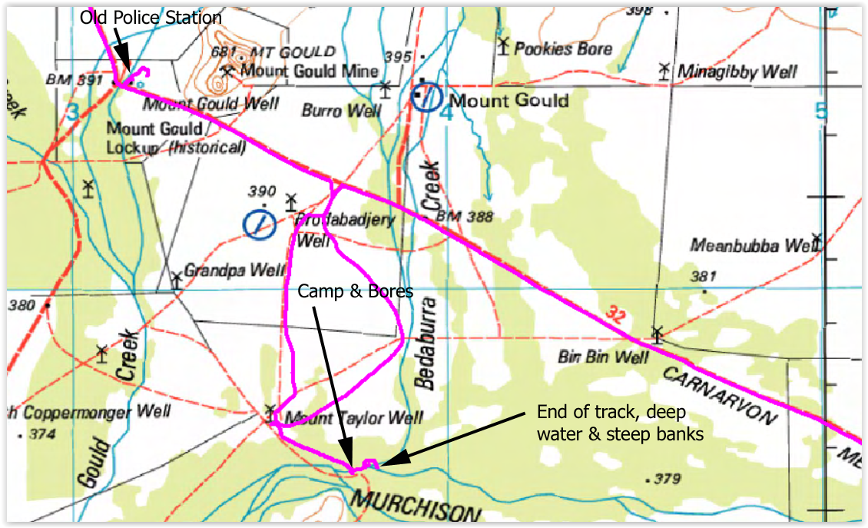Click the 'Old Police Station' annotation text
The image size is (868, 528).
(151, 17)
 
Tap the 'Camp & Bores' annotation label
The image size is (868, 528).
(356, 291)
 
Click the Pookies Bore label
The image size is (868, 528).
(563, 49)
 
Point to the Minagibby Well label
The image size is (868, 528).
(737, 72)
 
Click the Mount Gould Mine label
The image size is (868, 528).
(310, 71)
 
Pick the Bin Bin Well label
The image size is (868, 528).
(604, 357)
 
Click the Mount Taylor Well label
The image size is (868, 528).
(353, 418)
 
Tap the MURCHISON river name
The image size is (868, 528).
(416, 506)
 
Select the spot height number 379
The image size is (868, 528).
(667, 480)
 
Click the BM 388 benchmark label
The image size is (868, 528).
(464, 218)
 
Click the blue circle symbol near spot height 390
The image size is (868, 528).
(259, 224)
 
